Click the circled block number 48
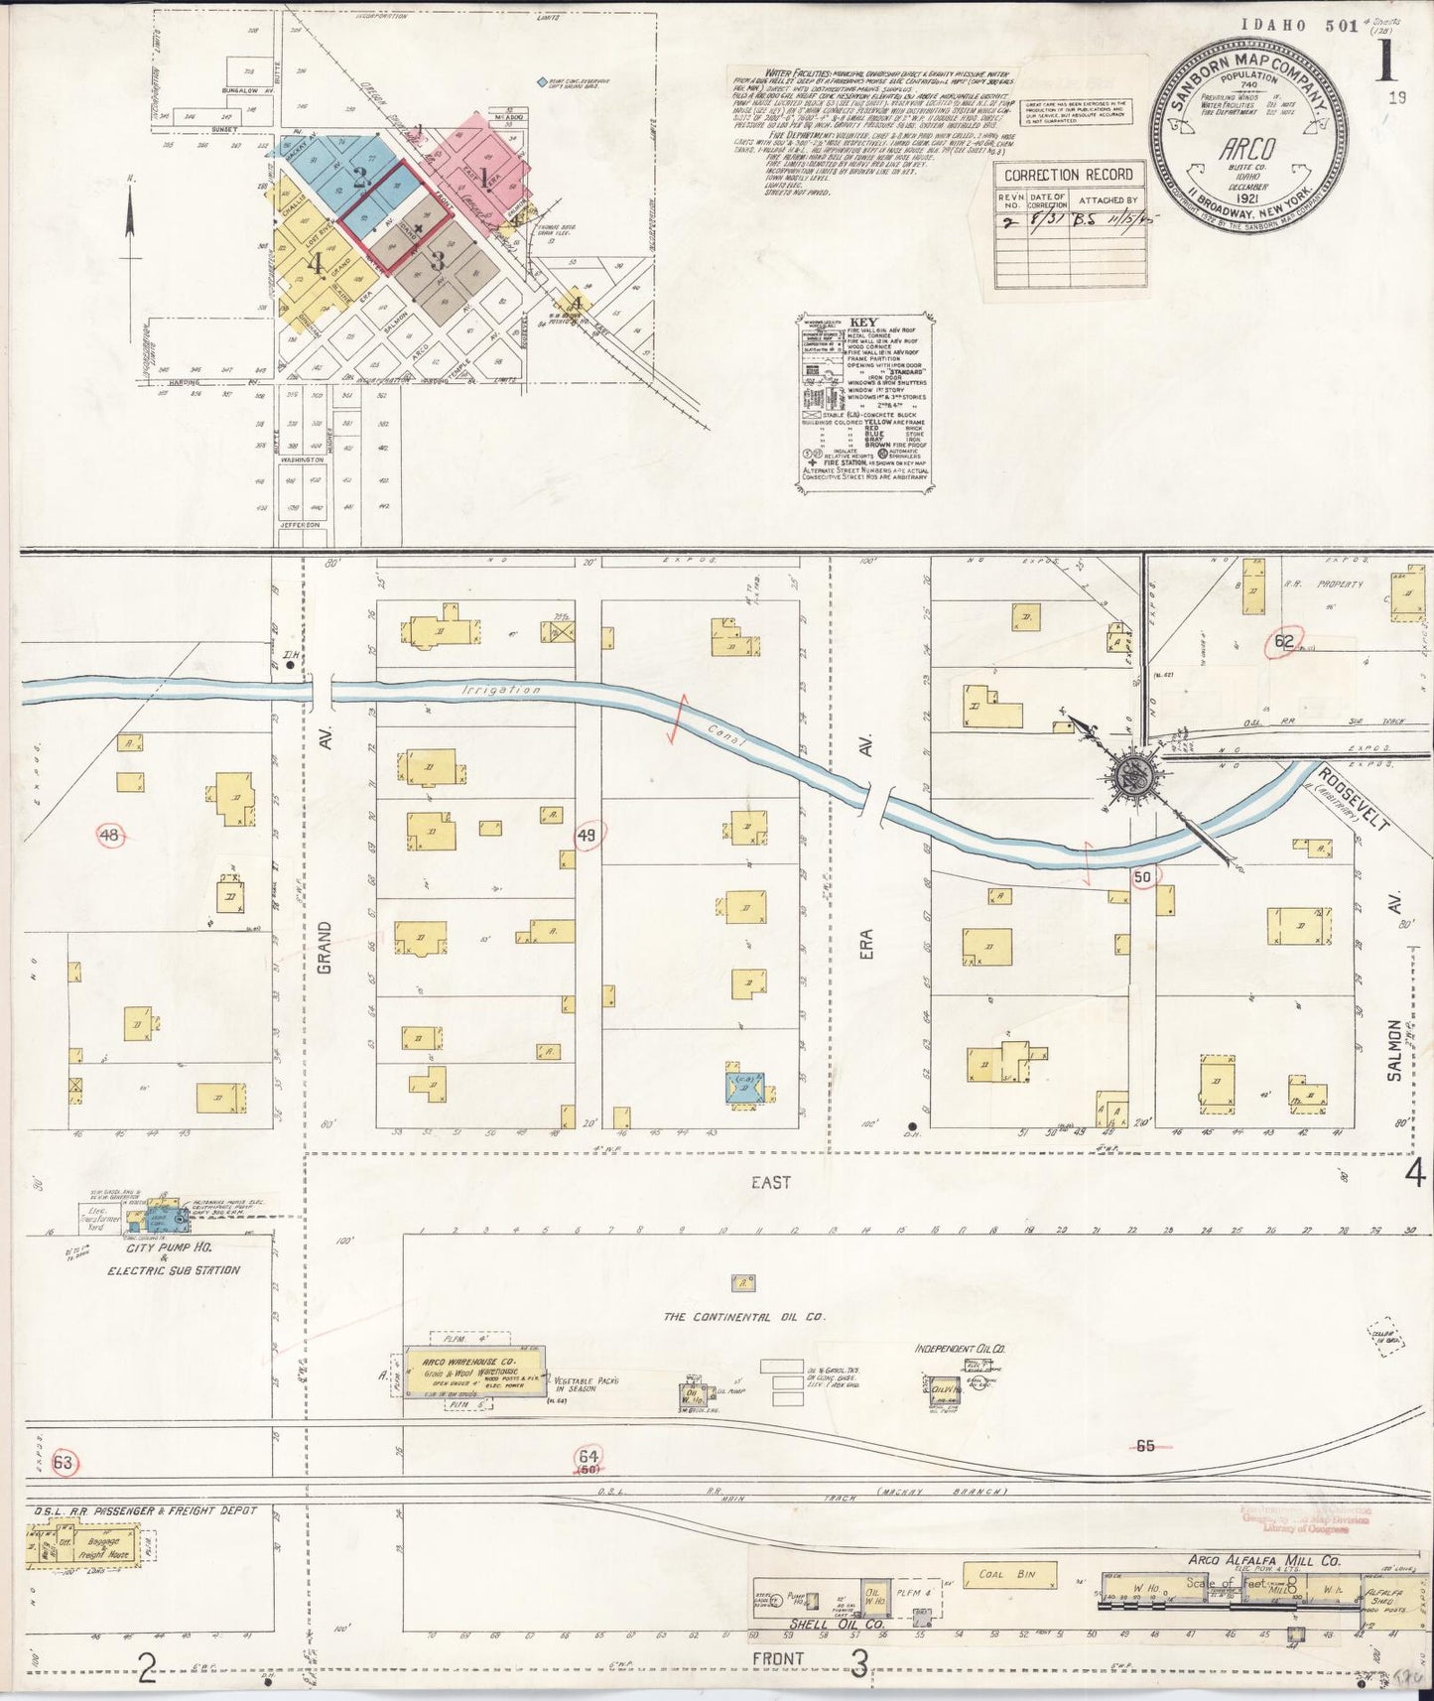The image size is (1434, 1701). tap(109, 836)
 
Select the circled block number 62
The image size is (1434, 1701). tap(1284, 642)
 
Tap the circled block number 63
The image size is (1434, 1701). tap(64, 1462)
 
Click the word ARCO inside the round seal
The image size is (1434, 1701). tap(1247, 149)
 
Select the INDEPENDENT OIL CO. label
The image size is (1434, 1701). tap(960, 1349)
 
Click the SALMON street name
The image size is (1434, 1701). tap(1394, 1050)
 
